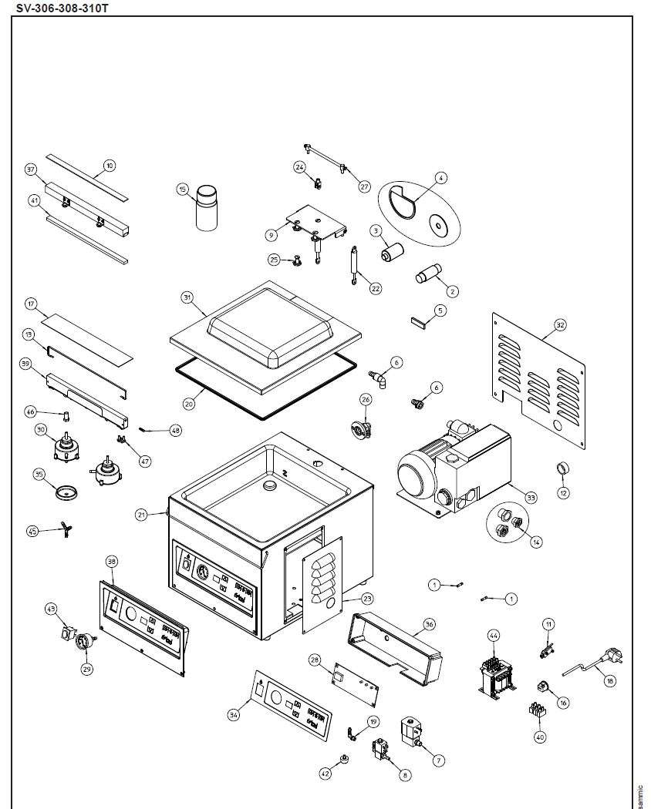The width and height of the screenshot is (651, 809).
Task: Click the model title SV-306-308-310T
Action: click(x=58, y=7)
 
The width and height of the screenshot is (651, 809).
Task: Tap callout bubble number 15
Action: click(x=183, y=189)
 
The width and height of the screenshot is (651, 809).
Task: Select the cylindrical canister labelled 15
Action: click(x=207, y=207)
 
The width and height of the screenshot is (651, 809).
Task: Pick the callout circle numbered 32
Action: click(x=560, y=325)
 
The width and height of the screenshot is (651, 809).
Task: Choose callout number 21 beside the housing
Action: click(x=140, y=515)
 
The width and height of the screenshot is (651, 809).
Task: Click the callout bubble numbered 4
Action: click(x=440, y=178)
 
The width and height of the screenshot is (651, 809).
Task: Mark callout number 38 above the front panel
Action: click(x=112, y=562)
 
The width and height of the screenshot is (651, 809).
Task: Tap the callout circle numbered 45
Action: click(x=32, y=531)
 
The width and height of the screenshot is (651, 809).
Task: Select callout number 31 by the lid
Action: click(x=187, y=297)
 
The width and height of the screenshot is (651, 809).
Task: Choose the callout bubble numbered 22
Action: click(x=376, y=288)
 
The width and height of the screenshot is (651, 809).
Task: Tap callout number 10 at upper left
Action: click(x=109, y=166)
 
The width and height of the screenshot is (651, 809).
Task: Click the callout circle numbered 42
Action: click(x=325, y=774)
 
